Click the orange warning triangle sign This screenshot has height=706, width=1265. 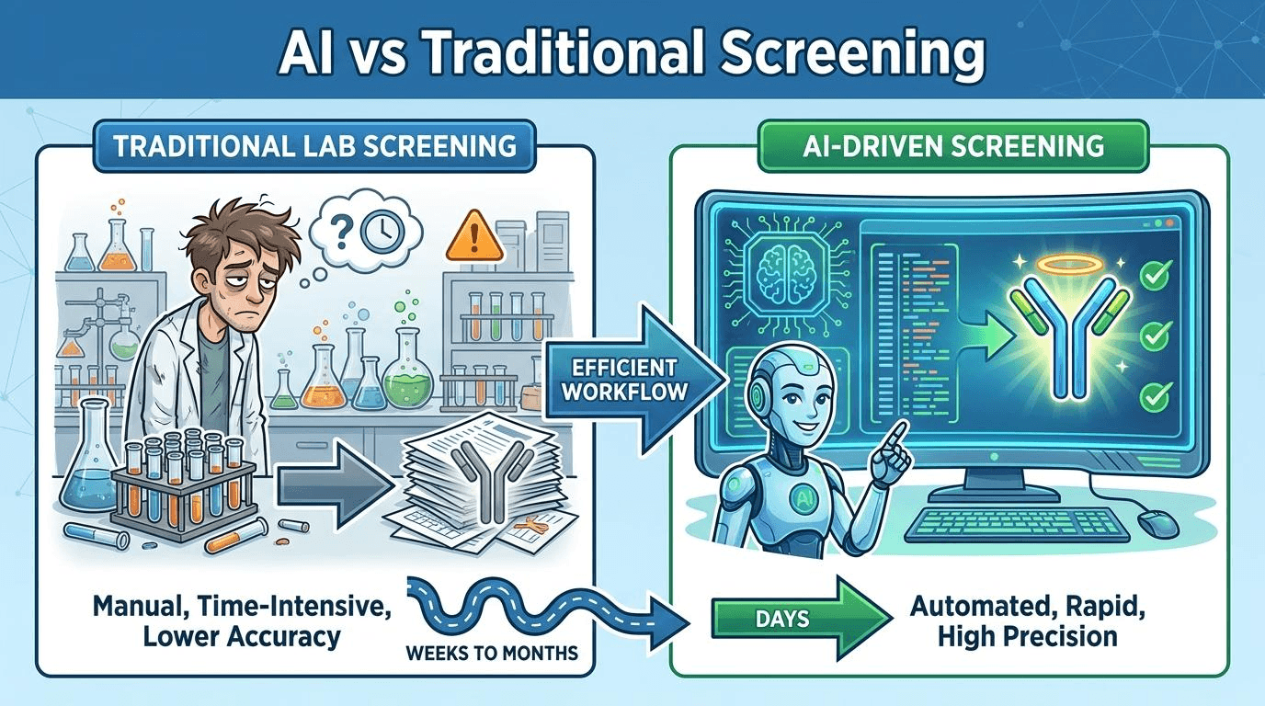point(474,236)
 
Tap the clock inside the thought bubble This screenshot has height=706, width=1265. point(382,232)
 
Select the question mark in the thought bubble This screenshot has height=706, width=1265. point(340,231)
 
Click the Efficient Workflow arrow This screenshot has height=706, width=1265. point(632,379)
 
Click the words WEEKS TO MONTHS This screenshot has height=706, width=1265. point(492,654)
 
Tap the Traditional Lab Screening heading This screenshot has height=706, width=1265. point(314,146)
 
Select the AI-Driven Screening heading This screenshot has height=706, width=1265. point(952,146)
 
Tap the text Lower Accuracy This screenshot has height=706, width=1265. point(242,637)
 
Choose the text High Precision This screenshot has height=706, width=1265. point(1028,637)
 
